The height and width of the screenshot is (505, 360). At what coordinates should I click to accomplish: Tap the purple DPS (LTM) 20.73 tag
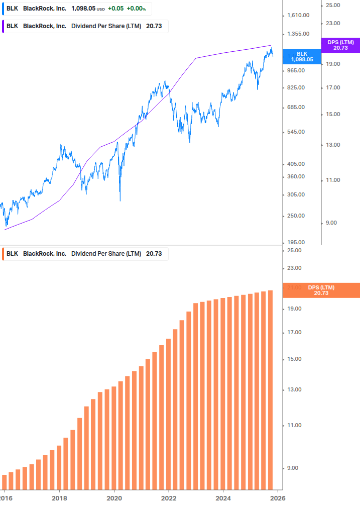340,45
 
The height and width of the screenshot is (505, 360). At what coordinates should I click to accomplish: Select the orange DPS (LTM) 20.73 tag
321,290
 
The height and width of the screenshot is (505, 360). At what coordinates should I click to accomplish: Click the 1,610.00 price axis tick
298,16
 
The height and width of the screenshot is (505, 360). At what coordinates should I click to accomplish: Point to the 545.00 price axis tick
296,132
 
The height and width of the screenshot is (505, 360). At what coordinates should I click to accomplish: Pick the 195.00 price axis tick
296,242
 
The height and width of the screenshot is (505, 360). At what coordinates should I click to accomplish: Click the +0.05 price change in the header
116,9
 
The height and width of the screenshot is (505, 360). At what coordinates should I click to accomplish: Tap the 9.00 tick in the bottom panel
293,468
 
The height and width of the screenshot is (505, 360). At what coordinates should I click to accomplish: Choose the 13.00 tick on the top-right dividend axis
332,145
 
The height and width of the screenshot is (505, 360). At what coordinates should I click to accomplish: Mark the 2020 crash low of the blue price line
120,200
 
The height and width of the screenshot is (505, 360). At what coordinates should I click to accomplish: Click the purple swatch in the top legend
4,26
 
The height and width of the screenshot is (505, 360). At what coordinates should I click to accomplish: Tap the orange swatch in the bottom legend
4,254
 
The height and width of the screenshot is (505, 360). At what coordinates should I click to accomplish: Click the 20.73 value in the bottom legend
154,254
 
